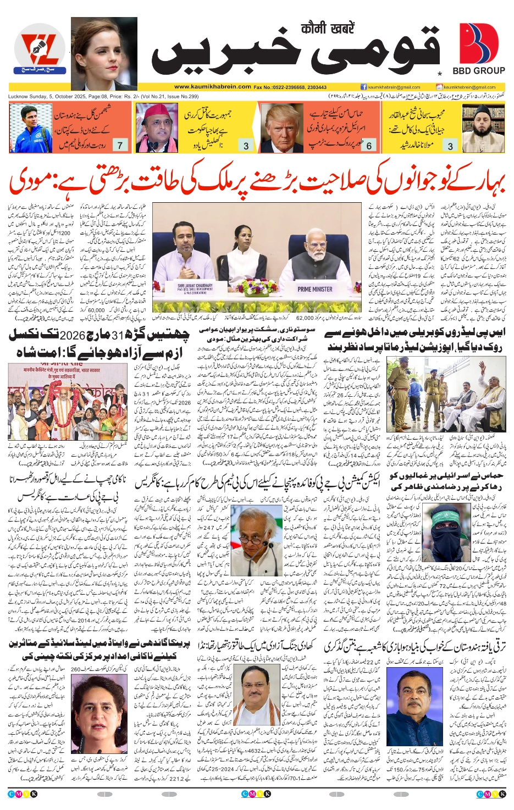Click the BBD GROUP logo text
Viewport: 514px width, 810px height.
tap(478, 71)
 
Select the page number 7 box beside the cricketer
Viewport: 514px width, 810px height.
tap(120, 145)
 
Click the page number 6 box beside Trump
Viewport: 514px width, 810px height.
tap(369, 145)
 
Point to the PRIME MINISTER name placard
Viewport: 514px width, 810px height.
tap(315, 289)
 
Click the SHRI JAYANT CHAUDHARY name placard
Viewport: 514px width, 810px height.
tap(196, 289)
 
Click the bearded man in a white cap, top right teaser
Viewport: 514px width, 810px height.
tap(483, 127)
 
